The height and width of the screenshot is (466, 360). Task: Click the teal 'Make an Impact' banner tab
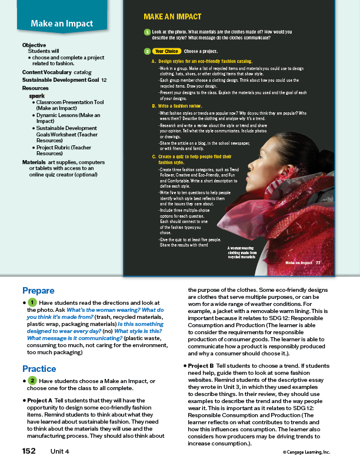pyautogui.click(x=62, y=24)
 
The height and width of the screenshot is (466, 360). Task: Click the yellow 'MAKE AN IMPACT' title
pyautogui.click(x=172, y=16)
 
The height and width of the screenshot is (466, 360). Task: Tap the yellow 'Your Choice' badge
pyautogui.click(x=166, y=51)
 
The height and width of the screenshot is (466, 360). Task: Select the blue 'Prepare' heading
pyautogui.click(x=38, y=290)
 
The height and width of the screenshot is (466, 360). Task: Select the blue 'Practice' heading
pyautogui.click(x=39, y=369)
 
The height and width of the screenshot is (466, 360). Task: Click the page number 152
pyautogui.click(x=29, y=451)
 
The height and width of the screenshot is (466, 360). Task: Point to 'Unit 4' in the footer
pyautogui.click(x=59, y=451)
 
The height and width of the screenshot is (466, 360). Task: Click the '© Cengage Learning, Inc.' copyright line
pyautogui.click(x=306, y=452)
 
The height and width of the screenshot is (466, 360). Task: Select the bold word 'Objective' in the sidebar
pyautogui.click(x=34, y=45)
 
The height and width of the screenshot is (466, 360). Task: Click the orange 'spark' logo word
pyautogui.click(x=37, y=95)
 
